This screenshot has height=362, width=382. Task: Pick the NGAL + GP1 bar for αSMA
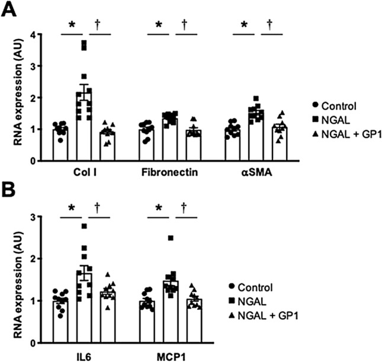[x=261, y=143]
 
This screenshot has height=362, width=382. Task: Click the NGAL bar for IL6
[x=84, y=307]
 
